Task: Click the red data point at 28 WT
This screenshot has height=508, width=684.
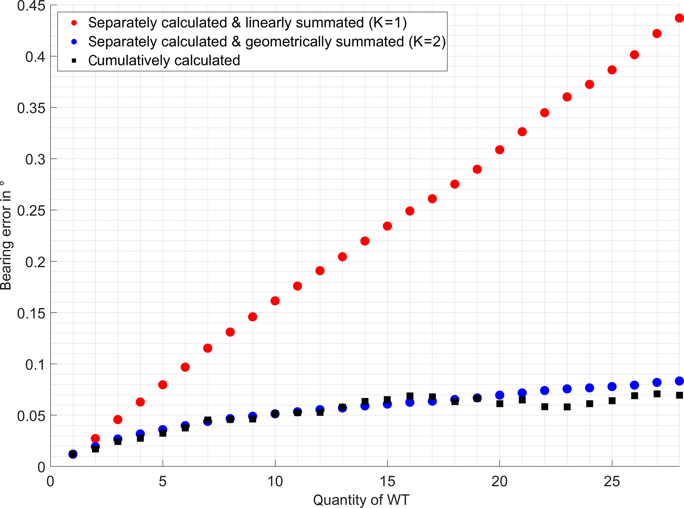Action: click(679, 18)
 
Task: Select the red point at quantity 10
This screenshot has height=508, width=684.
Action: click(275, 301)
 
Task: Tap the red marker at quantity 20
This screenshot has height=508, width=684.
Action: click(500, 150)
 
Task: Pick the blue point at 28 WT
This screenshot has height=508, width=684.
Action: click(679, 381)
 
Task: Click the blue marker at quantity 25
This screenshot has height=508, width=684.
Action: click(612, 386)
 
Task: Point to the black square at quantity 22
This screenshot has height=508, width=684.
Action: click(545, 407)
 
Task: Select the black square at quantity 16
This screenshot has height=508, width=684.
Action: click(410, 396)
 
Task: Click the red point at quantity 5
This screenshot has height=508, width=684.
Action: click(163, 385)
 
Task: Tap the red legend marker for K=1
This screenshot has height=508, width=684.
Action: click(74, 23)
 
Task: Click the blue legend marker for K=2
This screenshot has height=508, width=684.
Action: click(74, 42)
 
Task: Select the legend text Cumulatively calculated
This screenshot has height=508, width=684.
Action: click(164, 60)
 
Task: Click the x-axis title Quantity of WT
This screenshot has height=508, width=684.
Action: click(361, 500)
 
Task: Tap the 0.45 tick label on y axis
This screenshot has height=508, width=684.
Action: click(31, 6)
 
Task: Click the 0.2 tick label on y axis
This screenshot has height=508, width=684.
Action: click(35, 262)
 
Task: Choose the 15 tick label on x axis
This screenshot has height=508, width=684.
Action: click(387, 482)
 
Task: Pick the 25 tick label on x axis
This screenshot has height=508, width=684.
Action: click(612, 482)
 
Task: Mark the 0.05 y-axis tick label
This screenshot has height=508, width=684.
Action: click(31, 415)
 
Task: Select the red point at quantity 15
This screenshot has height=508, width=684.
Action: click(387, 226)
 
